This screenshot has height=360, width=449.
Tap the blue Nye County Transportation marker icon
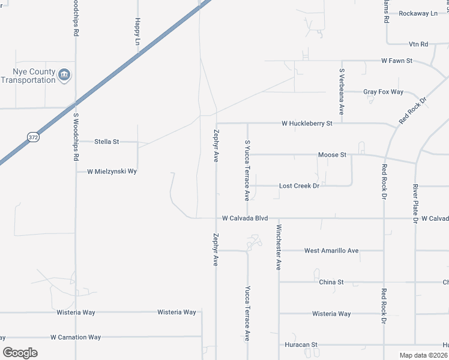tap(64, 75)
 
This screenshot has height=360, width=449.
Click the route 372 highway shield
tap(33, 137)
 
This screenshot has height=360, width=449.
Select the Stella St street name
tap(107, 142)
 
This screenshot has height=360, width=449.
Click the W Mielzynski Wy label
tap(112, 171)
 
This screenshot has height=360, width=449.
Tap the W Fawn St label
tap(397, 61)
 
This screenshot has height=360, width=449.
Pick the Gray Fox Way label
tap(383, 92)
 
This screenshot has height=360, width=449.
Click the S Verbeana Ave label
tap(341, 92)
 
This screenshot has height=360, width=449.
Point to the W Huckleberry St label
tap(307, 124)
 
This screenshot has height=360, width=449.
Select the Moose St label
tap(332, 155)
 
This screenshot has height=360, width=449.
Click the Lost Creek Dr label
tap(299, 186)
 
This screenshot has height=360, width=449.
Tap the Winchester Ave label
tap(279, 247)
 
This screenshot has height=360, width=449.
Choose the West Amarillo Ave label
tap(331, 250)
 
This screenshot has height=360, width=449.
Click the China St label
tap(331, 281)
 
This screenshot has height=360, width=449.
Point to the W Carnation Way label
tap(76, 337)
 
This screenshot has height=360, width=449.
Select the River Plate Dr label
tap(415, 203)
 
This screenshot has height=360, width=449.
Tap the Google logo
tap(20, 353)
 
